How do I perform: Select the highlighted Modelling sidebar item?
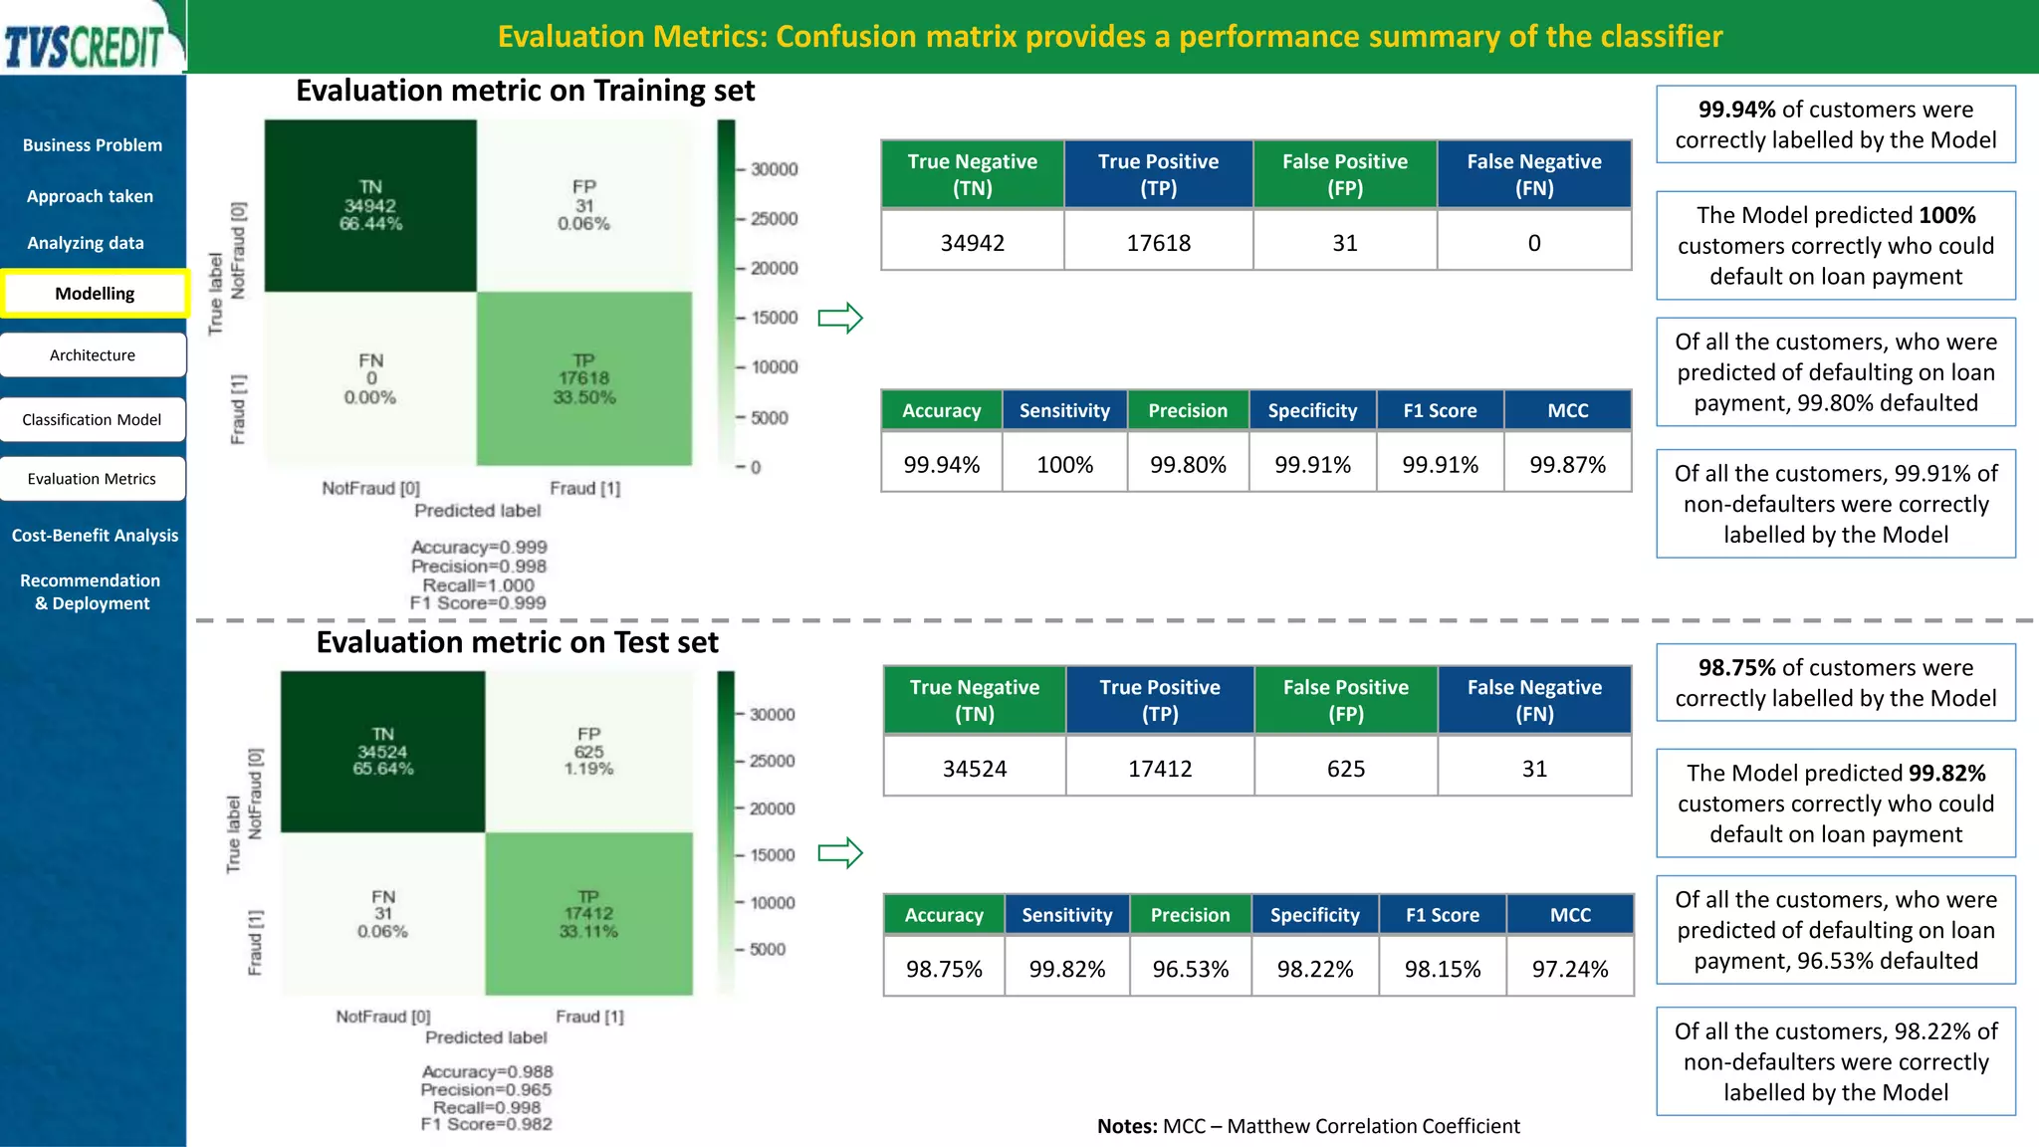pyautogui.click(x=95, y=294)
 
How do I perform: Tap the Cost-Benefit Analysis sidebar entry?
pyautogui.click(x=95, y=536)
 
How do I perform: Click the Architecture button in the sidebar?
pyautogui.click(x=93, y=355)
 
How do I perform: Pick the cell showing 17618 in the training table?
pyautogui.click(x=1158, y=243)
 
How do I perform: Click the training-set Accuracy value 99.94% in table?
pyautogui.click(x=941, y=465)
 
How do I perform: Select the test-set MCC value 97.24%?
pyautogui.click(x=1569, y=969)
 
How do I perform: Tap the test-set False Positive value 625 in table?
pyautogui.click(x=1345, y=769)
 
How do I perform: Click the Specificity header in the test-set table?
pyautogui.click(x=1314, y=915)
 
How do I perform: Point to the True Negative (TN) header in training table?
pyautogui.click(x=972, y=174)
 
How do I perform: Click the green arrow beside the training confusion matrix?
pyautogui.click(x=839, y=319)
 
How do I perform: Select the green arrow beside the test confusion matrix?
pyautogui.click(x=839, y=853)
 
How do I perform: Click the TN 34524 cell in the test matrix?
pyautogui.click(x=382, y=752)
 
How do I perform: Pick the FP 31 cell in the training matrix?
pyautogui.click(x=583, y=205)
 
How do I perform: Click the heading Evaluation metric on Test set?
pyautogui.click(x=517, y=643)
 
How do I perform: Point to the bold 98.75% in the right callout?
pyautogui.click(x=1736, y=668)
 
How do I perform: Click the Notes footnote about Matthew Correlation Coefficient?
pyautogui.click(x=1307, y=1126)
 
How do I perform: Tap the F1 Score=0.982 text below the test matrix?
pyautogui.click(x=486, y=1124)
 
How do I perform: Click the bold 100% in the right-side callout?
pyautogui.click(x=1946, y=216)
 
